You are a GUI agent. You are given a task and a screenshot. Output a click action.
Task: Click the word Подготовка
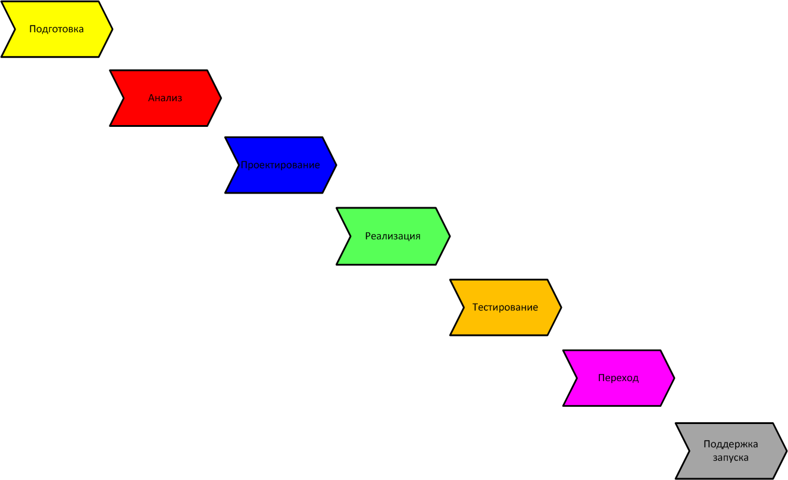click(57, 29)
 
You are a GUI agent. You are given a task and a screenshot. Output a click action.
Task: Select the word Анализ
click(165, 98)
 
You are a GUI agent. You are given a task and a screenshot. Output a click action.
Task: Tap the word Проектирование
click(280, 165)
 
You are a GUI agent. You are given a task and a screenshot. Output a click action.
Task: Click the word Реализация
click(393, 236)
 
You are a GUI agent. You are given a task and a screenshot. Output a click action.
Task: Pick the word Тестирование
click(505, 307)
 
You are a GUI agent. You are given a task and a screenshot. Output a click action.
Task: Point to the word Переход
click(618, 378)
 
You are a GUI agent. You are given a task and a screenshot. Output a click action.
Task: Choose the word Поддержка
click(731, 444)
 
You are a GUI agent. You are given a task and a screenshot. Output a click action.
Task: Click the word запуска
click(731, 458)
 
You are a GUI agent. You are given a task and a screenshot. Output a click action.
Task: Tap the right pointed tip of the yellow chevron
click(112, 29)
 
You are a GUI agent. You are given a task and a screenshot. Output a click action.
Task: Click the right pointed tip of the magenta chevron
click(674, 378)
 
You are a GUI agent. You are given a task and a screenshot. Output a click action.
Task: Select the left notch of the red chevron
click(124, 98)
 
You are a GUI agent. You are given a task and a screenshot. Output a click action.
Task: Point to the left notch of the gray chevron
click(689, 451)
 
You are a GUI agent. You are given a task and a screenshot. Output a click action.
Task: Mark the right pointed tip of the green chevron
click(450, 236)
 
